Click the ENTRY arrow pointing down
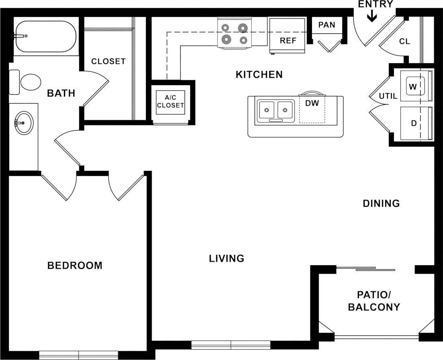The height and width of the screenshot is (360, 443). pyautogui.click(x=372, y=16)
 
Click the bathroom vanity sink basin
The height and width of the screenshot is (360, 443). pyautogui.click(x=23, y=122)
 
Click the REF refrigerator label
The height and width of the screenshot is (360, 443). pyautogui.click(x=288, y=41)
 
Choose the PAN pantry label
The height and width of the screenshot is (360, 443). pyautogui.click(x=326, y=25)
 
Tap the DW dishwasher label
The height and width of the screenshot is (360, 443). pyautogui.click(x=312, y=103)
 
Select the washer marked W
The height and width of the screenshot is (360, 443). pyautogui.click(x=413, y=86)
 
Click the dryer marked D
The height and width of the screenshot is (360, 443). pyautogui.click(x=413, y=123)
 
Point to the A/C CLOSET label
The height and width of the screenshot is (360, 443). pyautogui.click(x=170, y=102)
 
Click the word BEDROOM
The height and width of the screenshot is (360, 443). pyautogui.click(x=75, y=266)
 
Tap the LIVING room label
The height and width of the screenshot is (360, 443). pyautogui.click(x=226, y=258)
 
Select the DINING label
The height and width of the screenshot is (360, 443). pyautogui.click(x=381, y=203)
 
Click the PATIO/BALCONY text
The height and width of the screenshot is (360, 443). pyautogui.click(x=374, y=301)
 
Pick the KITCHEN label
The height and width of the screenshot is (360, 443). pyautogui.click(x=259, y=74)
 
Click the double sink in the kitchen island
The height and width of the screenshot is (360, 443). pyautogui.click(x=275, y=110)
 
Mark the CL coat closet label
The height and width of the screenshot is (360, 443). pyautogui.click(x=404, y=41)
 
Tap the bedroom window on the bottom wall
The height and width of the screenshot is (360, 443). pyautogui.click(x=79, y=355)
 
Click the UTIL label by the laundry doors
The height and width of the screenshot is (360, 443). pyautogui.click(x=388, y=96)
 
